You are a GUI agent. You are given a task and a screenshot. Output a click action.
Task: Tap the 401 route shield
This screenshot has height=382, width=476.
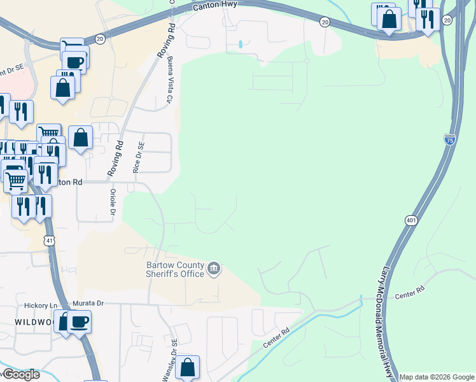410,220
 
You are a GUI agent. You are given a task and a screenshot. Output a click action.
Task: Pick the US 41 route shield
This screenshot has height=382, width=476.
49,241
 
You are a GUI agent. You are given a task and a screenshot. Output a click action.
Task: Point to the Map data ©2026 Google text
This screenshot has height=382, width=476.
437,377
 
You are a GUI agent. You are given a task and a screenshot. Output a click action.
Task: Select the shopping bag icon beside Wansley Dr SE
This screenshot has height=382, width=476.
187,367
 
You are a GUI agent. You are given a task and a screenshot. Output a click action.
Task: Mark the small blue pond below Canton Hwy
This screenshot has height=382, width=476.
240,45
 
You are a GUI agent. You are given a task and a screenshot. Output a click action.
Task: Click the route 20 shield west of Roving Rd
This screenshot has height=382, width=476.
100,39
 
